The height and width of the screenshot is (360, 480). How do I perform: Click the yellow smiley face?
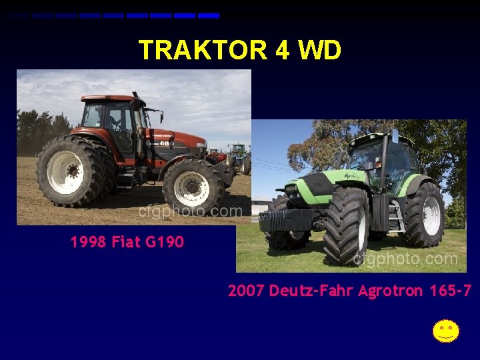click(445, 331)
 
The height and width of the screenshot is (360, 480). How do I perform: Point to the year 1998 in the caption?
click(88, 242)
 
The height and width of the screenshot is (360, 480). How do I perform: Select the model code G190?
click(164, 242)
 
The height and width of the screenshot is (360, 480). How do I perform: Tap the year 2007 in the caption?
click(246, 291)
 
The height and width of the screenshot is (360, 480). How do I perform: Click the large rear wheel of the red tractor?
click(69, 171)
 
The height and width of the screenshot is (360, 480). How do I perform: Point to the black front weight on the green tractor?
click(285, 221)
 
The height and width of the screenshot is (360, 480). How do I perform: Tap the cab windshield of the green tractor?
click(365, 157)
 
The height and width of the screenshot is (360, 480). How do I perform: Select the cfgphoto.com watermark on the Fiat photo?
click(191, 212)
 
